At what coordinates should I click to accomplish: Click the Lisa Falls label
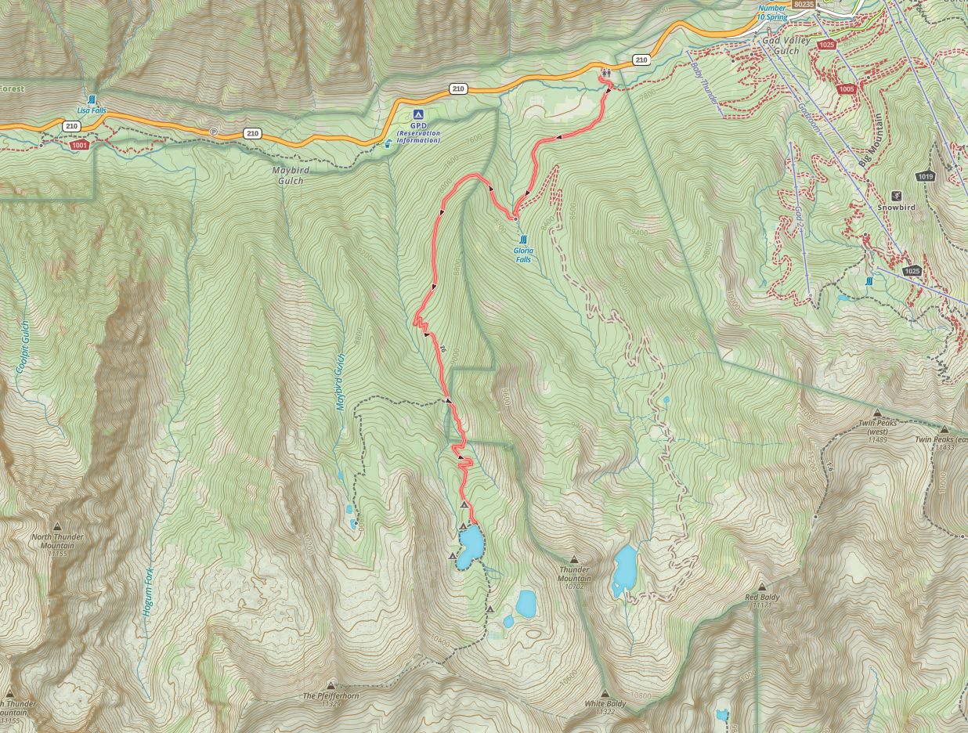click(x=92, y=111)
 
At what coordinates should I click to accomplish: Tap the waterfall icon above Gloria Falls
click(x=522, y=239)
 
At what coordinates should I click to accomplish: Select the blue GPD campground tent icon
click(x=418, y=114)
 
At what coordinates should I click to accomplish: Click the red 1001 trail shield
click(x=79, y=145)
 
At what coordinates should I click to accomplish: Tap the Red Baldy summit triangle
click(x=762, y=587)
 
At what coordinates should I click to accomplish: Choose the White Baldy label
click(x=605, y=704)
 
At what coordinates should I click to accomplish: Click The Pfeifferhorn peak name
click(x=330, y=695)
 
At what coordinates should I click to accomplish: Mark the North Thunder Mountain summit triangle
click(x=57, y=526)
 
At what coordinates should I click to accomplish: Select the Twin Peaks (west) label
click(x=877, y=427)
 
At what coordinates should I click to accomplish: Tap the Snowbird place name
click(x=896, y=208)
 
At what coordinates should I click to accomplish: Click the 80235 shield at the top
click(x=803, y=4)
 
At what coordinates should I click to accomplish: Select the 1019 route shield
click(x=926, y=176)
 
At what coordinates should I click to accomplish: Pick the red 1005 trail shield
click(x=846, y=89)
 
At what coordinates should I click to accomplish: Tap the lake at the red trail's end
click(x=471, y=546)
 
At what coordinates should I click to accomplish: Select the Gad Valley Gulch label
click(x=781, y=45)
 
